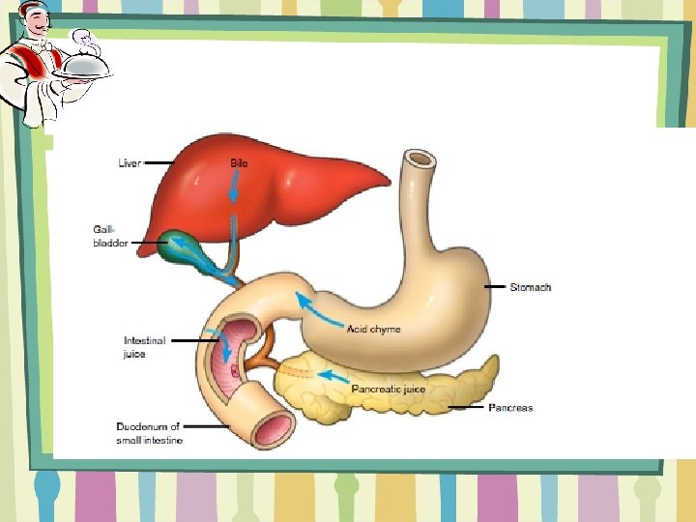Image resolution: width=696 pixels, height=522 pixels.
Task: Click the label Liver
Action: tap(129, 163)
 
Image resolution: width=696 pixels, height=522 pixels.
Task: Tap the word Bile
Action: tap(238, 163)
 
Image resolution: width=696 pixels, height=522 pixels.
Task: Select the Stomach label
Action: tap(532, 287)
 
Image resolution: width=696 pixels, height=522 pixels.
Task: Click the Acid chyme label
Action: tap(373, 330)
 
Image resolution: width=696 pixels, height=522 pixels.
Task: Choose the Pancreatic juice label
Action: tap(388, 390)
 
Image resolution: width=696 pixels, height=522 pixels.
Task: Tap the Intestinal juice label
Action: tap(144, 347)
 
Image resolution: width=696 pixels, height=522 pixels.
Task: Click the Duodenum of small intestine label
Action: tap(149, 433)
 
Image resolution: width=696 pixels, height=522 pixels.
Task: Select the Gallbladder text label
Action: tap(109, 236)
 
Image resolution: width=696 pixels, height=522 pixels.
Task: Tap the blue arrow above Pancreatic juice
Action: tap(333, 375)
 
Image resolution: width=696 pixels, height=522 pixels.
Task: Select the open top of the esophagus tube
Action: tap(420, 159)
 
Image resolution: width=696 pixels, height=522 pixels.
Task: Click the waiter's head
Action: tap(36, 27)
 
